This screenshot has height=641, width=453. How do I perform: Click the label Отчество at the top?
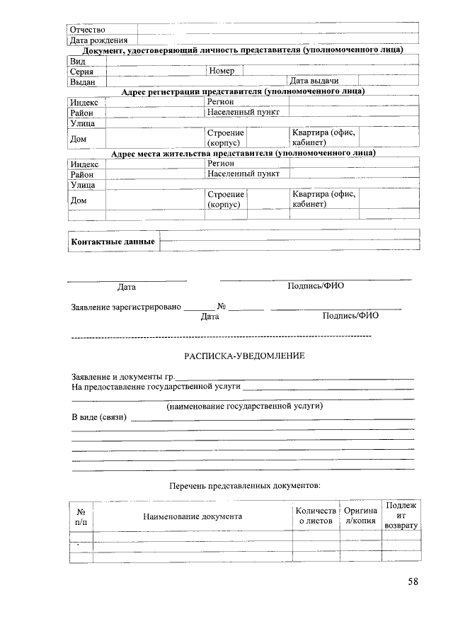coord(87,30)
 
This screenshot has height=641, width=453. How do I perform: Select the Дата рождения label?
coord(98,40)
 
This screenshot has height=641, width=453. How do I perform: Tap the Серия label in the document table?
coord(82,72)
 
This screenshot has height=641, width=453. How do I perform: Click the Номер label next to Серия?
coord(223,71)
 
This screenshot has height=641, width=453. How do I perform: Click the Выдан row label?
coord(83,81)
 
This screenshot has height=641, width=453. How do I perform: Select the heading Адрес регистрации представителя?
coord(243,91)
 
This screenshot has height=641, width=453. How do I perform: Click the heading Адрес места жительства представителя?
coord(243,153)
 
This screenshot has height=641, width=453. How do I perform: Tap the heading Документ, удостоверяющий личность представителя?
coord(243,50)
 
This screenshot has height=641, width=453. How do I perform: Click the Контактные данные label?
coord(113,242)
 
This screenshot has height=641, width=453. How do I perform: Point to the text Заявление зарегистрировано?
coord(126,307)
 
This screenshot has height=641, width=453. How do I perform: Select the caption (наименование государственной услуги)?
coord(244,407)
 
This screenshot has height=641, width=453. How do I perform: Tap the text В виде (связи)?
coord(99,418)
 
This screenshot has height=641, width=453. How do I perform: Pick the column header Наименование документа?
coord(193,516)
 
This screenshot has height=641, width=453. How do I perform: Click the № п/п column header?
coord(81,516)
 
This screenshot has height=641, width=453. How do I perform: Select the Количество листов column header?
coord(314,516)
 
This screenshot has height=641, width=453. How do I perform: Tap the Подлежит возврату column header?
coord(401,516)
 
